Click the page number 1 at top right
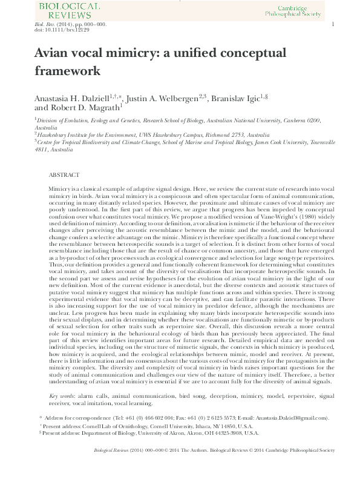click(x=333, y=24)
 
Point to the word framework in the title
click(x=67, y=71)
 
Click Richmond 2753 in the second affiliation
click(x=212, y=135)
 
